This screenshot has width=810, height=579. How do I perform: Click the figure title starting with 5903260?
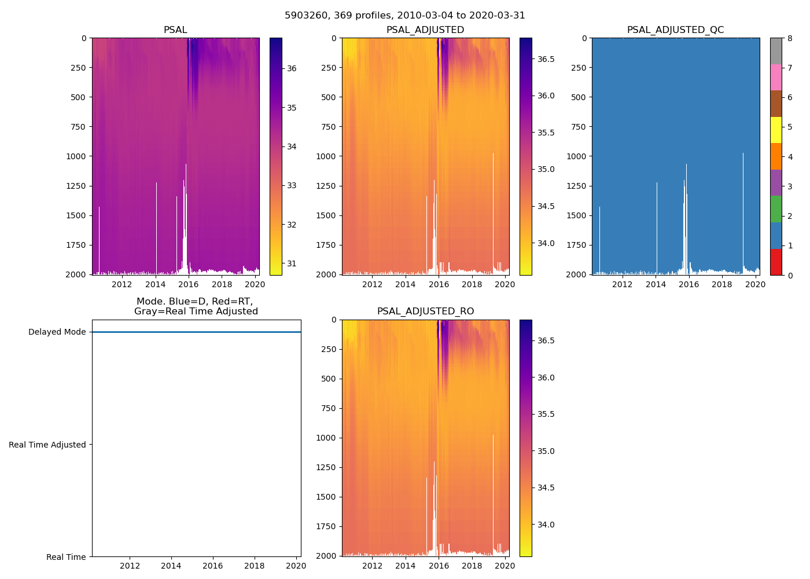[405, 16]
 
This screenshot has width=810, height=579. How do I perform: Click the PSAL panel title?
[175, 30]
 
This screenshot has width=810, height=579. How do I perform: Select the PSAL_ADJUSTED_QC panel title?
[675, 30]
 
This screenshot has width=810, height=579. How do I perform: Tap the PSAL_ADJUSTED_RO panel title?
[425, 312]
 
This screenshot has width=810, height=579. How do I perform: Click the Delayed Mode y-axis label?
[57, 332]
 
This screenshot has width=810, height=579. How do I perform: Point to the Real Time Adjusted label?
[47, 445]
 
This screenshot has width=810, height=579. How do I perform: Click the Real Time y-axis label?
[66, 557]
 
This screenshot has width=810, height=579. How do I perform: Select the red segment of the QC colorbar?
[776, 262]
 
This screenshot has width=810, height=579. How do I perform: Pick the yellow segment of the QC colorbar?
[776, 130]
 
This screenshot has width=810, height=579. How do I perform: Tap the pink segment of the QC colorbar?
[776, 77]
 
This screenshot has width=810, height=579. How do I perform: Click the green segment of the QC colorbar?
[776, 208]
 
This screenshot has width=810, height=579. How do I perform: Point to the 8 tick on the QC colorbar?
[790, 39]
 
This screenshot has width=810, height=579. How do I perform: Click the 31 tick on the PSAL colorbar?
[292, 264]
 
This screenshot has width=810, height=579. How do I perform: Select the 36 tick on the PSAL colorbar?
[292, 68]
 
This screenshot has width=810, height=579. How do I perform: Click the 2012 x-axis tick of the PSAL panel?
[122, 284]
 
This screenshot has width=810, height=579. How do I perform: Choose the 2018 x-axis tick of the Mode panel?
[255, 566]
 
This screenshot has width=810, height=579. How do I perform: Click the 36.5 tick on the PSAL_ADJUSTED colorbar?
[546, 59]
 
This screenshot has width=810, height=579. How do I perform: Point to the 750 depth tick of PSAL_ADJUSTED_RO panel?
[327, 408]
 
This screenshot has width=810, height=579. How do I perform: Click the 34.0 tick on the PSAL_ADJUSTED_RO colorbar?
[546, 525]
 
